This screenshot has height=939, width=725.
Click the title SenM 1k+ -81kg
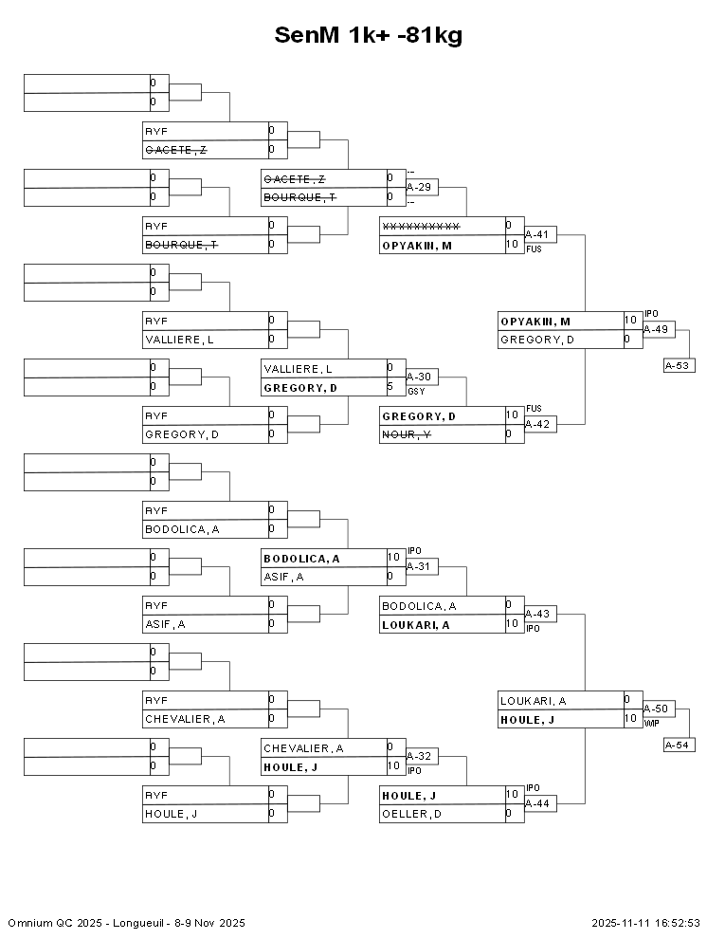[368, 35]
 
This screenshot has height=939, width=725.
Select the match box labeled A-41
[540, 234]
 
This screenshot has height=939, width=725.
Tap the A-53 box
[679, 365]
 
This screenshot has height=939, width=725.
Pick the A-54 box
[679, 745]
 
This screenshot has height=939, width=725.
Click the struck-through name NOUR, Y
[407, 434]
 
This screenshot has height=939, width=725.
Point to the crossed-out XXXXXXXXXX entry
[421, 226]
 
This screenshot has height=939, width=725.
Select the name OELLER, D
[411, 814]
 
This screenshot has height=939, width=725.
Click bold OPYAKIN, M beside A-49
[535, 321]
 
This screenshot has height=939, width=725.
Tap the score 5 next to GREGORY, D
[390, 387]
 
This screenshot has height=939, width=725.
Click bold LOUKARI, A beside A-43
[415, 624]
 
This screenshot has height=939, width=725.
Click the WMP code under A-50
[651, 723]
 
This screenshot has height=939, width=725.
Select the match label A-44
[540, 803]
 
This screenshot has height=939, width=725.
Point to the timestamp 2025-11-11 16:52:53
[645, 922]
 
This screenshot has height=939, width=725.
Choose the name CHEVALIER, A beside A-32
[303, 747]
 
